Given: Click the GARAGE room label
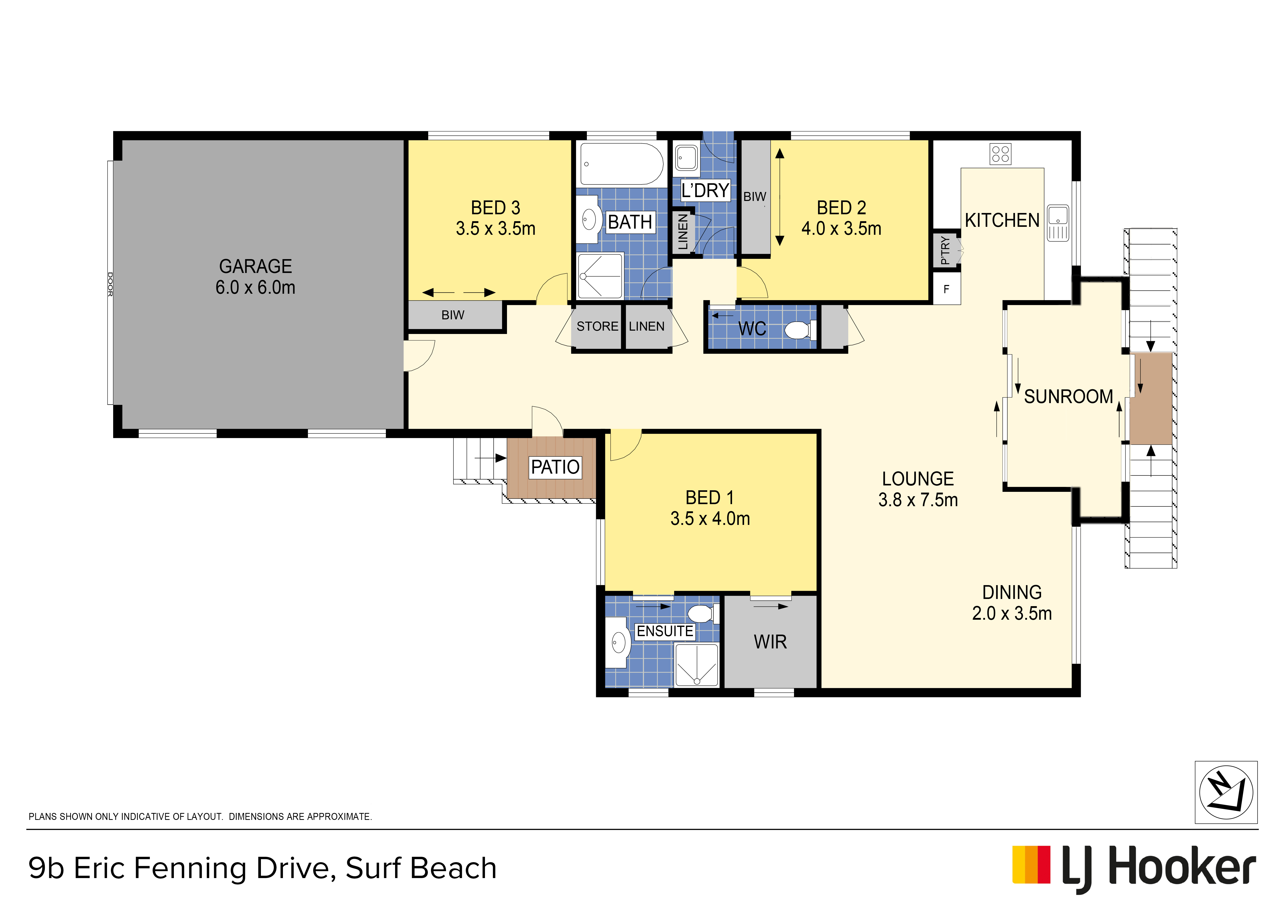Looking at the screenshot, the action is [255, 266].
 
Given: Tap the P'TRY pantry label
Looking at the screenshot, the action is [944, 250].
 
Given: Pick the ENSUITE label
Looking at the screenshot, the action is [665, 631].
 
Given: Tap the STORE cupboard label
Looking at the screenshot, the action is [597, 326].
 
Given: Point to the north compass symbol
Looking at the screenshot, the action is [1226, 792].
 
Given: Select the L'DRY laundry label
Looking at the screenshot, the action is [705, 190].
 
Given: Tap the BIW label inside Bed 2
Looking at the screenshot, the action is [755, 196].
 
